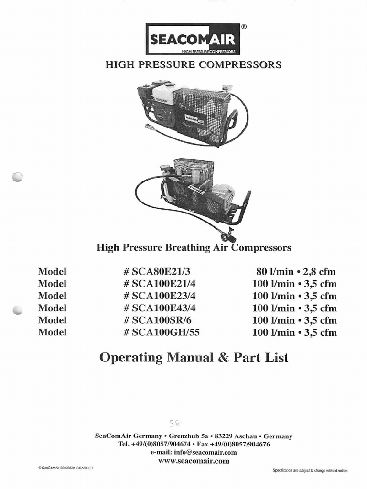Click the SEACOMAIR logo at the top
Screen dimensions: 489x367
click(193, 39)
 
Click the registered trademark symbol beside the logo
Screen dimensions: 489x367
click(244, 27)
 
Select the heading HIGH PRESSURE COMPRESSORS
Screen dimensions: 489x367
click(193, 64)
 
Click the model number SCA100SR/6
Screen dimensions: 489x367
click(158, 320)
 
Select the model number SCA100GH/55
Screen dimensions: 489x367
click(161, 332)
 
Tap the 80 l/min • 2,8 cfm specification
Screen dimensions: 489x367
click(296, 271)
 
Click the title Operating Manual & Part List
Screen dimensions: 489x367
click(194, 357)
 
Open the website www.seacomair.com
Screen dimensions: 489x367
click(194, 461)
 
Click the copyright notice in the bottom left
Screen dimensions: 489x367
click(65, 468)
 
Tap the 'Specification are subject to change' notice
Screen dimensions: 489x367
click(310, 471)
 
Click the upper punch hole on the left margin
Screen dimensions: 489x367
click(17, 177)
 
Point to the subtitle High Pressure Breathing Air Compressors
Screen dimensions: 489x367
click(194, 248)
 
